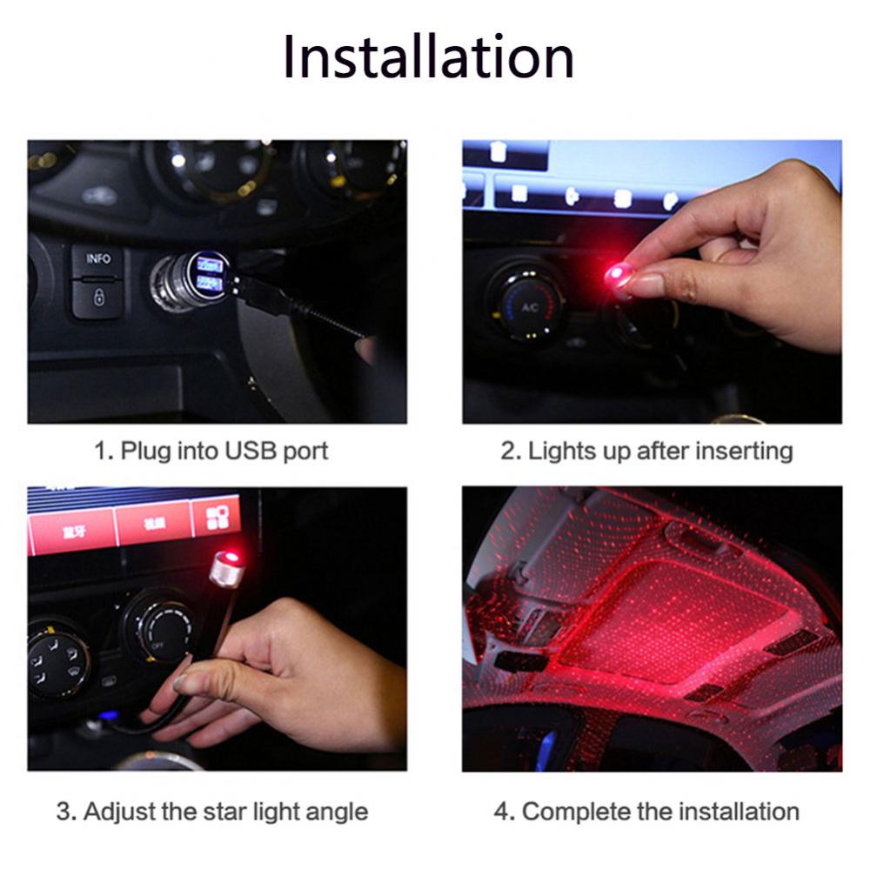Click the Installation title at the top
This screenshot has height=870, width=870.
(x=428, y=57)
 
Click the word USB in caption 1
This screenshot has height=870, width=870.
(x=251, y=451)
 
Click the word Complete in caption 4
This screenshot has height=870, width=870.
(x=576, y=812)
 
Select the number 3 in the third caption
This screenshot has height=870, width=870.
(x=64, y=812)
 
